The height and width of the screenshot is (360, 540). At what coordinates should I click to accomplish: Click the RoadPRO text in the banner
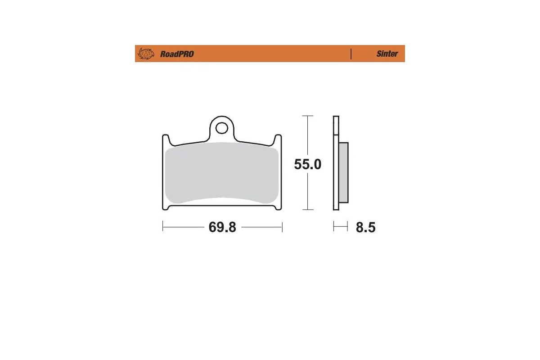point(177,54)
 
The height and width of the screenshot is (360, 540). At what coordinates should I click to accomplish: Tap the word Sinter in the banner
point(387,54)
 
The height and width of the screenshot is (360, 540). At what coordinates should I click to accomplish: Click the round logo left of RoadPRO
point(145,54)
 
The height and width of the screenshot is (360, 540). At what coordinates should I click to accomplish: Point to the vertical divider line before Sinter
point(351,54)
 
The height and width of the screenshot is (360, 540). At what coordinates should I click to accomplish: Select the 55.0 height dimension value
point(307,164)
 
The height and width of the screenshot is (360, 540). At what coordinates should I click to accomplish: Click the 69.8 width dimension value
point(222,227)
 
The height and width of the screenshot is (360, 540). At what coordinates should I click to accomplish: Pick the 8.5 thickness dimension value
point(365,227)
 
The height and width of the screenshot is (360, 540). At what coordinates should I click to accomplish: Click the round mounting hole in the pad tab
point(221,128)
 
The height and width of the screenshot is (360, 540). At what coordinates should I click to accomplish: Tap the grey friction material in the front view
point(221,173)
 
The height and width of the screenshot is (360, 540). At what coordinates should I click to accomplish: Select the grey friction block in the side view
point(343,172)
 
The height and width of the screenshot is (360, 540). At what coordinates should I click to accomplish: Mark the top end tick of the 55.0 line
point(307,116)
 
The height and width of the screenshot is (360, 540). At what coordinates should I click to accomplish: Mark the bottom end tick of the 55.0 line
point(307,210)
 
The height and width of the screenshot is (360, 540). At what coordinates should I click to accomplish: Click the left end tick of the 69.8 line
point(162,227)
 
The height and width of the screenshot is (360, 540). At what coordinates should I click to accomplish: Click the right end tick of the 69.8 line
point(282,227)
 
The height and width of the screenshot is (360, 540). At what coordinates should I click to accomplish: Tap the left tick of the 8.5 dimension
point(334,226)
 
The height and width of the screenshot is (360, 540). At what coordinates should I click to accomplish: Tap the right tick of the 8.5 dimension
point(348,226)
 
